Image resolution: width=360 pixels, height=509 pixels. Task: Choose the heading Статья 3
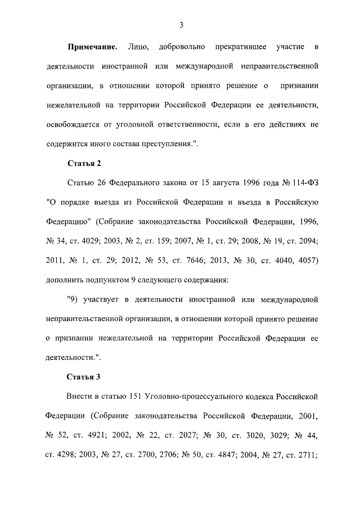click(x=84, y=376)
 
